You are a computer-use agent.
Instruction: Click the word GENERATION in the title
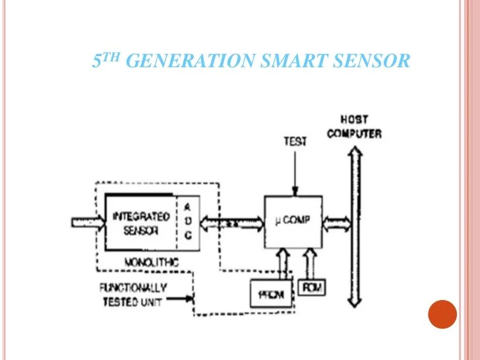[189, 61]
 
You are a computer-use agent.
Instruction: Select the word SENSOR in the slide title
[367, 61]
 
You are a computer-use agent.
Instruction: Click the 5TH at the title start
[105, 61]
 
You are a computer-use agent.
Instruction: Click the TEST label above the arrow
[295, 141]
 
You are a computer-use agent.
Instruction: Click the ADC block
[187, 222]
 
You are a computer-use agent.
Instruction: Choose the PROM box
[272, 294]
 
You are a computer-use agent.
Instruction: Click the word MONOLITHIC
[151, 262]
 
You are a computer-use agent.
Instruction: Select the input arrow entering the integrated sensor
[87, 223]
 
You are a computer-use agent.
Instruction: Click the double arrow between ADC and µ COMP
[231, 223]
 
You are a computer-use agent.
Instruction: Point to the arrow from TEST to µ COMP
[295, 170]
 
